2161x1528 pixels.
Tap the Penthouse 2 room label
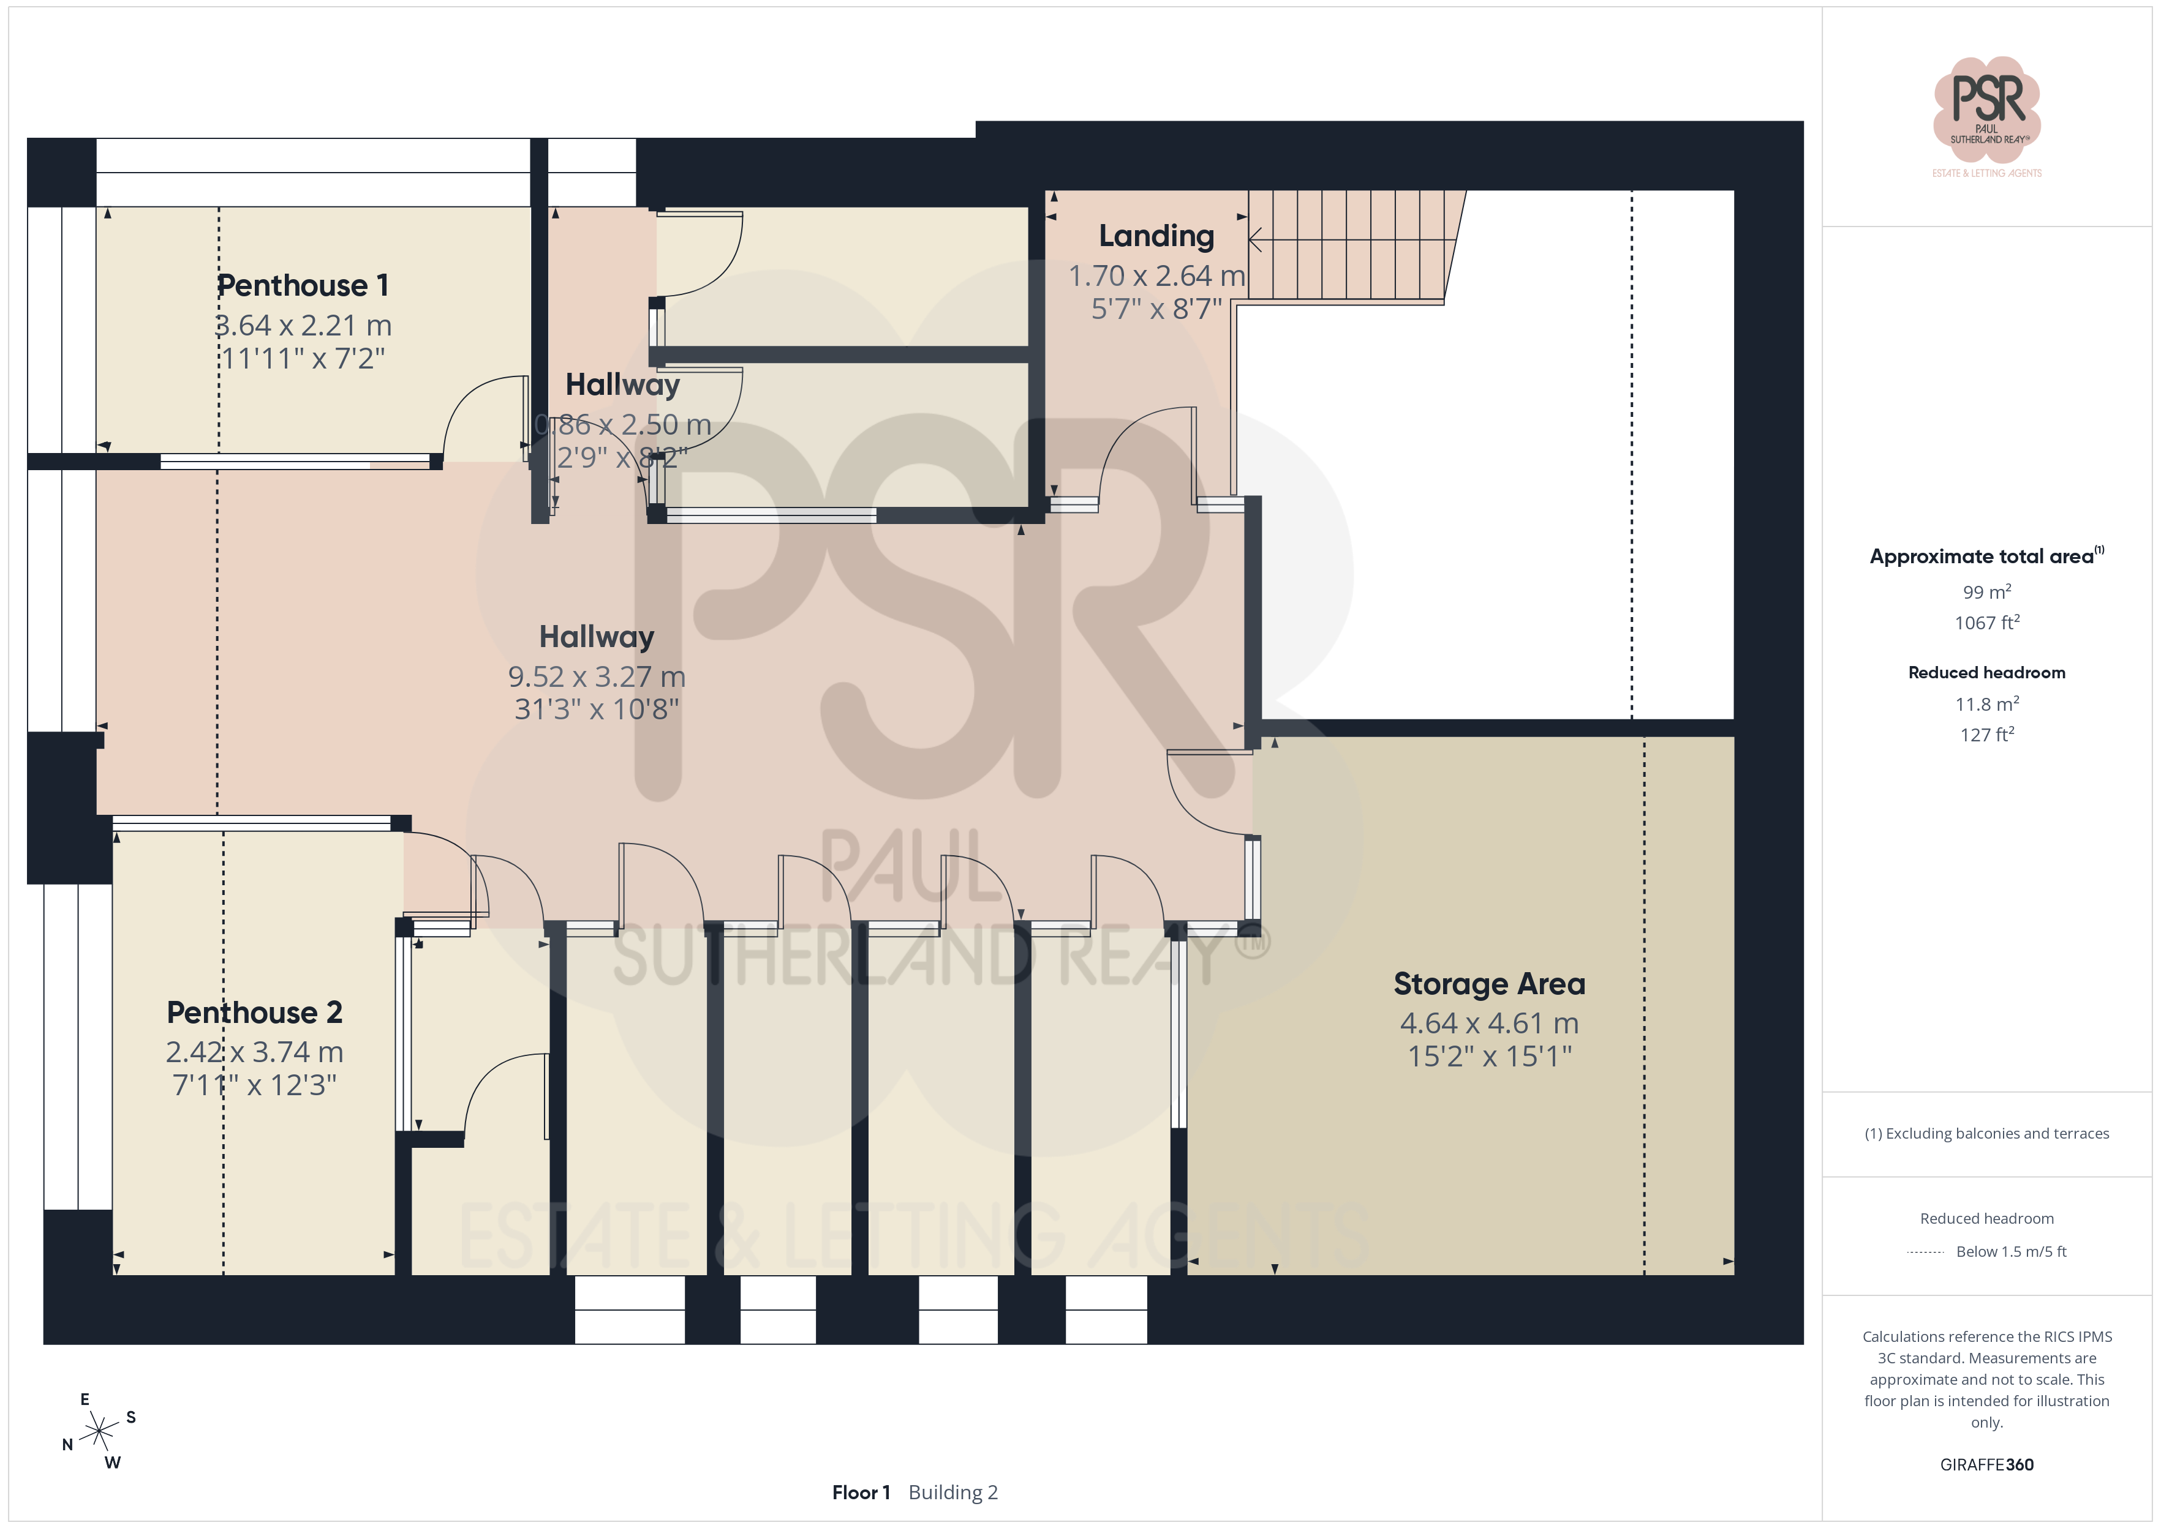[254, 1013]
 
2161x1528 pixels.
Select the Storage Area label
[1489, 984]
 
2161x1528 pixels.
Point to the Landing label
[1156, 236]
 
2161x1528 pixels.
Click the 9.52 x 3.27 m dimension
[597, 676]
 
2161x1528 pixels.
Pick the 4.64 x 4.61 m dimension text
[1489, 1024]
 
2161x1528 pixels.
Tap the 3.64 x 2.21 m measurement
[303, 326]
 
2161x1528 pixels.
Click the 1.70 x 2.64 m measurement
[1156, 275]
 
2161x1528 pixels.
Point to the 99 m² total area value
[1987, 592]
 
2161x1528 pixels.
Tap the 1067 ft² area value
[1987, 623]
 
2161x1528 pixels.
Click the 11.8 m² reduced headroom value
[1987, 704]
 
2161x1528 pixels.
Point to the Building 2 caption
[954, 1492]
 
